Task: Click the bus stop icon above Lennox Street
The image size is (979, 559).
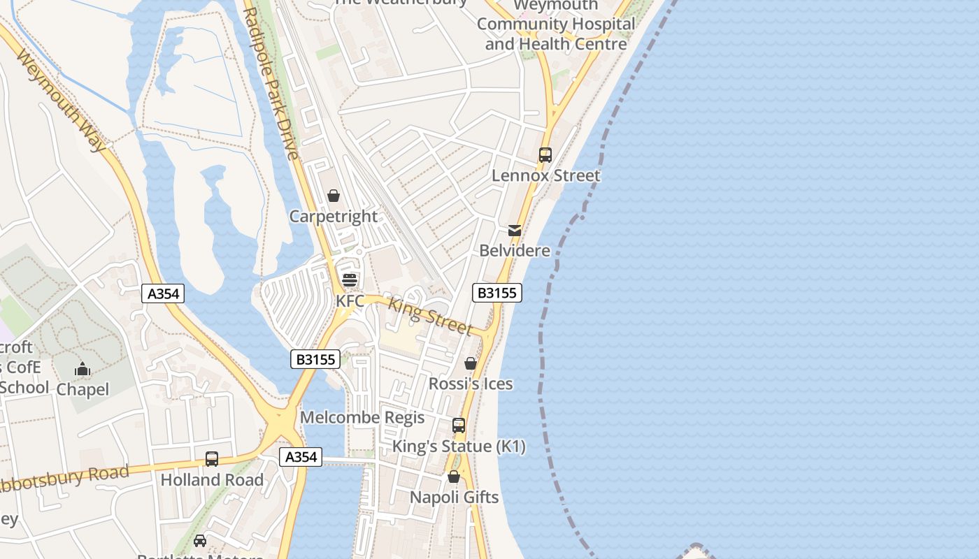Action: tap(545, 154)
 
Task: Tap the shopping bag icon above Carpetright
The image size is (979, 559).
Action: tap(334, 196)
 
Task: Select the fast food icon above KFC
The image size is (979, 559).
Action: tap(350, 280)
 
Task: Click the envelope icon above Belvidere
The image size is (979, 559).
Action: tap(515, 230)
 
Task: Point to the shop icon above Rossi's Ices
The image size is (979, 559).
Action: tap(471, 363)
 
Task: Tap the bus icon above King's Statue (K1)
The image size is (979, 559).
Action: tap(459, 425)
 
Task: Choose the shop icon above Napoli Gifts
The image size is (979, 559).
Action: tap(454, 477)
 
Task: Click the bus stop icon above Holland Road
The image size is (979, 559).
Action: tap(211, 459)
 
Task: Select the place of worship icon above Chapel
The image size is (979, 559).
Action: tap(83, 369)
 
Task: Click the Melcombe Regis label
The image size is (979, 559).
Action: tap(362, 418)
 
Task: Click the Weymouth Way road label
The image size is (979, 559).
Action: tap(61, 100)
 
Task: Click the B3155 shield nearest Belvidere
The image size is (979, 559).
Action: tap(497, 293)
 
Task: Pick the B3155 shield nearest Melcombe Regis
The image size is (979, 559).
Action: tap(315, 360)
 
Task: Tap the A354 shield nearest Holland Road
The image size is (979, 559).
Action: tap(301, 457)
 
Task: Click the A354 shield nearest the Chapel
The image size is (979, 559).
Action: tap(164, 293)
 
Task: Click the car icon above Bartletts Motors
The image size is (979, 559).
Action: tap(199, 541)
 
